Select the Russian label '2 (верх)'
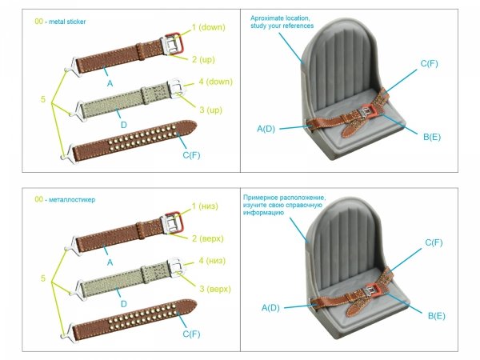pos(207,238)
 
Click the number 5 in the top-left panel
pos(43,101)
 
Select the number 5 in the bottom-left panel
pos(43,279)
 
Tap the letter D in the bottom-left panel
pos(122,305)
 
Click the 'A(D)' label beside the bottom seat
pos(271,308)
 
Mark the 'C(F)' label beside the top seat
pos(433,63)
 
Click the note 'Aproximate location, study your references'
pos(282,22)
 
